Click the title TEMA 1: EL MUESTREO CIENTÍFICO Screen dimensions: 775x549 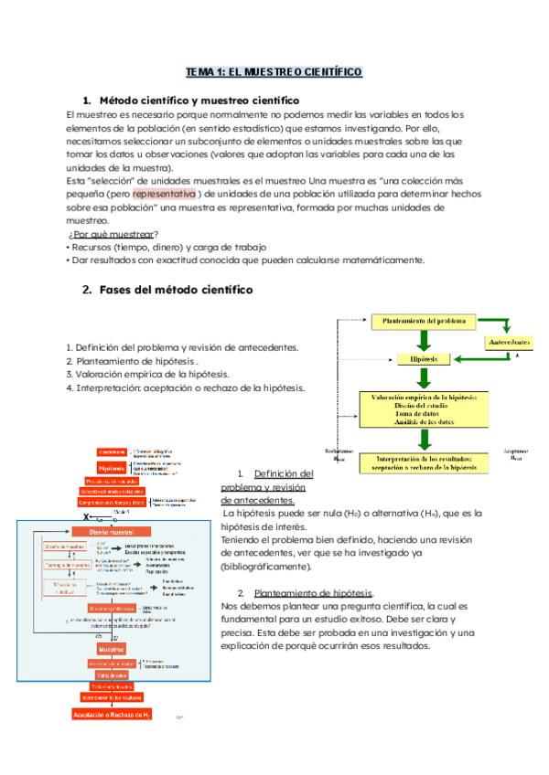(x=274, y=70)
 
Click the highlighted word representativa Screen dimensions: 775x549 (x=165, y=194)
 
